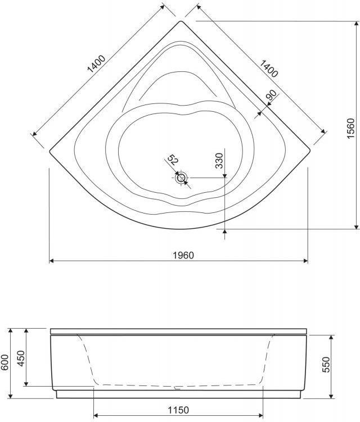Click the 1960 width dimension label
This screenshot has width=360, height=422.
point(183,255)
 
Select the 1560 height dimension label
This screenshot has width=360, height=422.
point(350,128)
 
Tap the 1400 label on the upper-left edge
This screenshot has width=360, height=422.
point(96,64)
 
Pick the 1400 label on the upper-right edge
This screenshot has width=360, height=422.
point(269,69)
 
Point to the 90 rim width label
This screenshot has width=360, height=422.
point(271,96)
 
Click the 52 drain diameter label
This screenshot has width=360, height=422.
point(173,160)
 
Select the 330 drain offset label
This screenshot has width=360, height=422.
point(219,160)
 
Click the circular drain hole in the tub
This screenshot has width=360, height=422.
point(181,178)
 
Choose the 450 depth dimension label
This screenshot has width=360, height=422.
point(21,357)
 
